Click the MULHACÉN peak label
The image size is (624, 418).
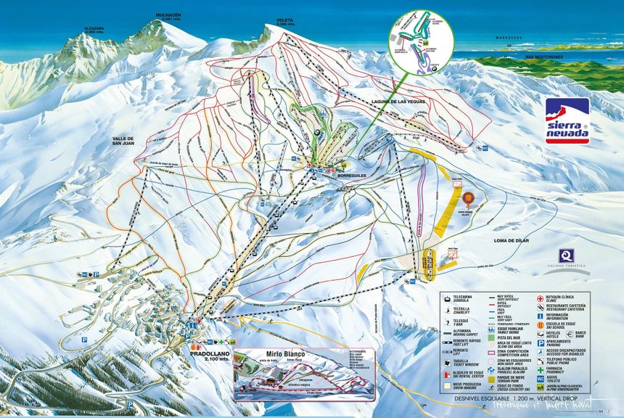click(167, 15)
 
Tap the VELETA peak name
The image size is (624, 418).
click(286, 20)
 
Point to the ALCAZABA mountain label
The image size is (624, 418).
click(94, 29)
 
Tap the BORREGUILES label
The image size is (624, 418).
click(348, 176)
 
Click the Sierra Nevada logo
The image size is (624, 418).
click(567, 120)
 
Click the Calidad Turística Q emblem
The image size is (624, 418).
click(566, 256)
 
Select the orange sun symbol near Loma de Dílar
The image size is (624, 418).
click(468, 197)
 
